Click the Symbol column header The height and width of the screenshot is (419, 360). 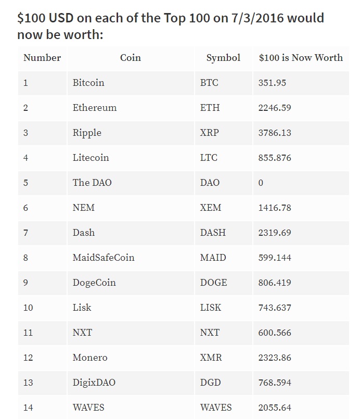(x=223, y=58)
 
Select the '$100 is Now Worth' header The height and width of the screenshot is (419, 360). (x=301, y=57)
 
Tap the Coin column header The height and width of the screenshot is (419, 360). (x=131, y=57)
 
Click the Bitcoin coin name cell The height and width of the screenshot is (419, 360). (x=88, y=83)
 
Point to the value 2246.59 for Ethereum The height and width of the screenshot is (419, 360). (x=275, y=108)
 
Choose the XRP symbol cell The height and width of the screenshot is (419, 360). (x=209, y=133)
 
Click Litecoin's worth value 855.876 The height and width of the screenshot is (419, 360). (x=275, y=158)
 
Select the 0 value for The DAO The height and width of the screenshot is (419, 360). (x=261, y=183)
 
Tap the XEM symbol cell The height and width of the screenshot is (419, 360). (x=211, y=208)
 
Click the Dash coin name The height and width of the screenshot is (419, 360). (x=84, y=233)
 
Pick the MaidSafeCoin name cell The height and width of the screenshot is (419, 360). (x=104, y=258)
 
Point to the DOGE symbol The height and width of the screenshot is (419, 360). (x=213, y=283)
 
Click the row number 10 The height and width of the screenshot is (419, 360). (x=28, y=308)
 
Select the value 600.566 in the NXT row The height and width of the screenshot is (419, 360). (x=275, y=333)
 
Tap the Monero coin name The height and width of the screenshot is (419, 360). (x=90, y=358)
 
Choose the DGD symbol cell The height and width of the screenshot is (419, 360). (x=211, y=383)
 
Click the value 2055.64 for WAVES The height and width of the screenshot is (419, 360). (x=275, y=408)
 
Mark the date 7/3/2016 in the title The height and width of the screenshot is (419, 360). (x=258, y=18)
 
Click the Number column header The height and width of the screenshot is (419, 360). (x=42, y=57)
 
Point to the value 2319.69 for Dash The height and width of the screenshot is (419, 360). (x=275, y=233)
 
